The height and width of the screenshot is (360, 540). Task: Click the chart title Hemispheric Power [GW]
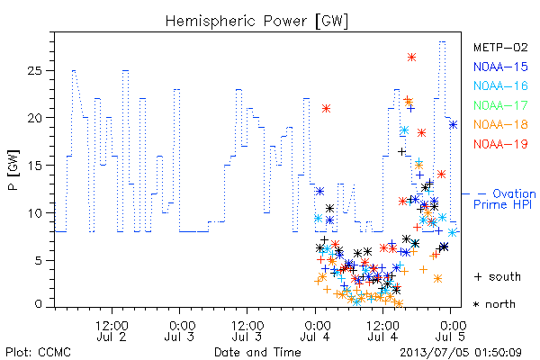(x=256, y=22)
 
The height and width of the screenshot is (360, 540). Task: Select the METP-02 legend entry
(x=500, y=47)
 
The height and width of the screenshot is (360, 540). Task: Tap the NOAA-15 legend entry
(x=500, y=67)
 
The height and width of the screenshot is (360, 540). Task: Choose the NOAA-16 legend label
(x=500, y=85)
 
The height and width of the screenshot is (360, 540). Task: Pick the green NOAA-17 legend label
(x=500, y=105)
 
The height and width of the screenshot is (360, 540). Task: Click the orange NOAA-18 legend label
(x=500, y=124)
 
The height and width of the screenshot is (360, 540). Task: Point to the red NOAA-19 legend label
(x=500, y=144)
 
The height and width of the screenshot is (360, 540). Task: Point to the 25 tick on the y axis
(x=34, y=70)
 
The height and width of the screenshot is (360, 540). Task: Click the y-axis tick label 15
(x=34, y=166)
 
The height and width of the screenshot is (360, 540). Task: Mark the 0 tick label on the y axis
(x=38, y=304)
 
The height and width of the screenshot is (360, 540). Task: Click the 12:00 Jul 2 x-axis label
(x=112, y=331)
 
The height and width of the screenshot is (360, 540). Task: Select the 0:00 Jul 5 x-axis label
(x=451, y=331)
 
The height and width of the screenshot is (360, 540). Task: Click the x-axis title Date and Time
(x=257, y=353)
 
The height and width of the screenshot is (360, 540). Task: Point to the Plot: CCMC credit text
(x=38, y=353)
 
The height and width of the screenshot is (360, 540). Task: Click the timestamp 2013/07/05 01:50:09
(x=461, y=353)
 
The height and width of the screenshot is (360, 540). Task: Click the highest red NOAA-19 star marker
(x=411, y=58)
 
